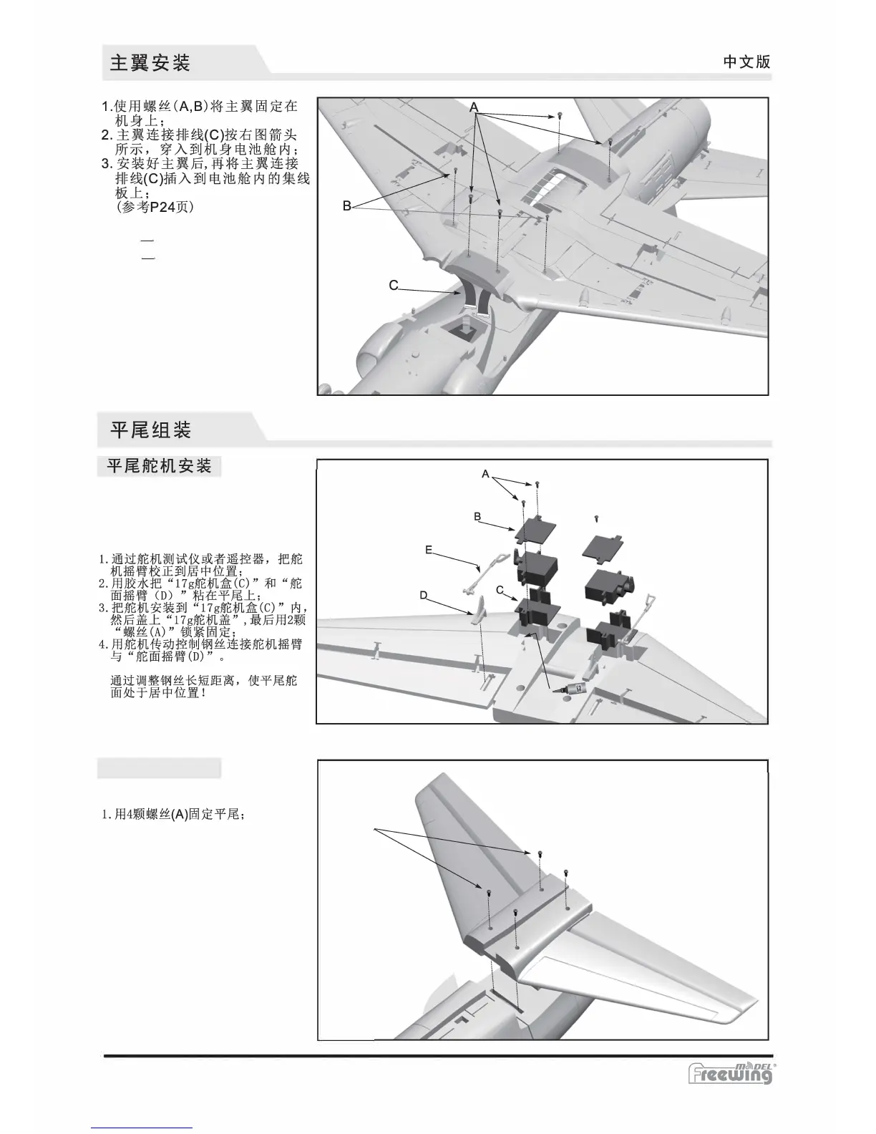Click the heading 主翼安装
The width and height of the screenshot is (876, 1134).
tap(150, 62)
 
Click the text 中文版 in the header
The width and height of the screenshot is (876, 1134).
tap(746, 62)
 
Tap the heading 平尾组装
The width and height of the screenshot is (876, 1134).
tap(150, 430)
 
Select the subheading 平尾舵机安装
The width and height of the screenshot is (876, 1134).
tap(159, 467)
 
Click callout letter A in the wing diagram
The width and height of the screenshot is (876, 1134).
tap(474, 107)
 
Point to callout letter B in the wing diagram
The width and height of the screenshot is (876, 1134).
tap(346, 206)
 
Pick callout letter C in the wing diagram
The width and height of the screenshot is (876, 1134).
tap(394, 285)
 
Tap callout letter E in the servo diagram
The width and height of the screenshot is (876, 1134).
tap(428, 550)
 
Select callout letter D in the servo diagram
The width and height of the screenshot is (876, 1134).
tap(423, 596)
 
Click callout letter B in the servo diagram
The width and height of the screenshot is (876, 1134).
tap(477, 516)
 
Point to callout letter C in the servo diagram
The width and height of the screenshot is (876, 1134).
tap(500, 589)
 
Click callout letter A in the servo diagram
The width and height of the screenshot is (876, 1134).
tap(485, 474)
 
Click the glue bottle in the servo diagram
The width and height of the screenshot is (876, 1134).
tap(573, 689)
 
